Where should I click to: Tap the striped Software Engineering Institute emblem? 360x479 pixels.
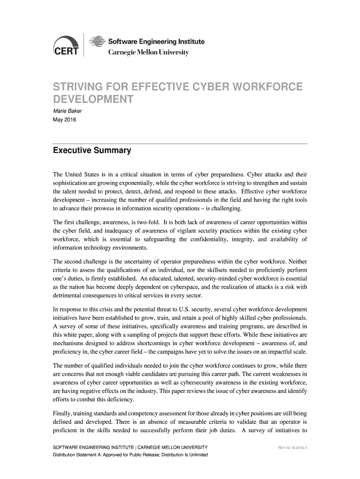point(96,42)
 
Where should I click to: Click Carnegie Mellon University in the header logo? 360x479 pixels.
point(149,52)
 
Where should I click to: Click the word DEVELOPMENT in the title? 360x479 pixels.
point(93,100)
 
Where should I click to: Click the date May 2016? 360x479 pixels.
point(64,120)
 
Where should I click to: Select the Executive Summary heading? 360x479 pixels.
point(92,151)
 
